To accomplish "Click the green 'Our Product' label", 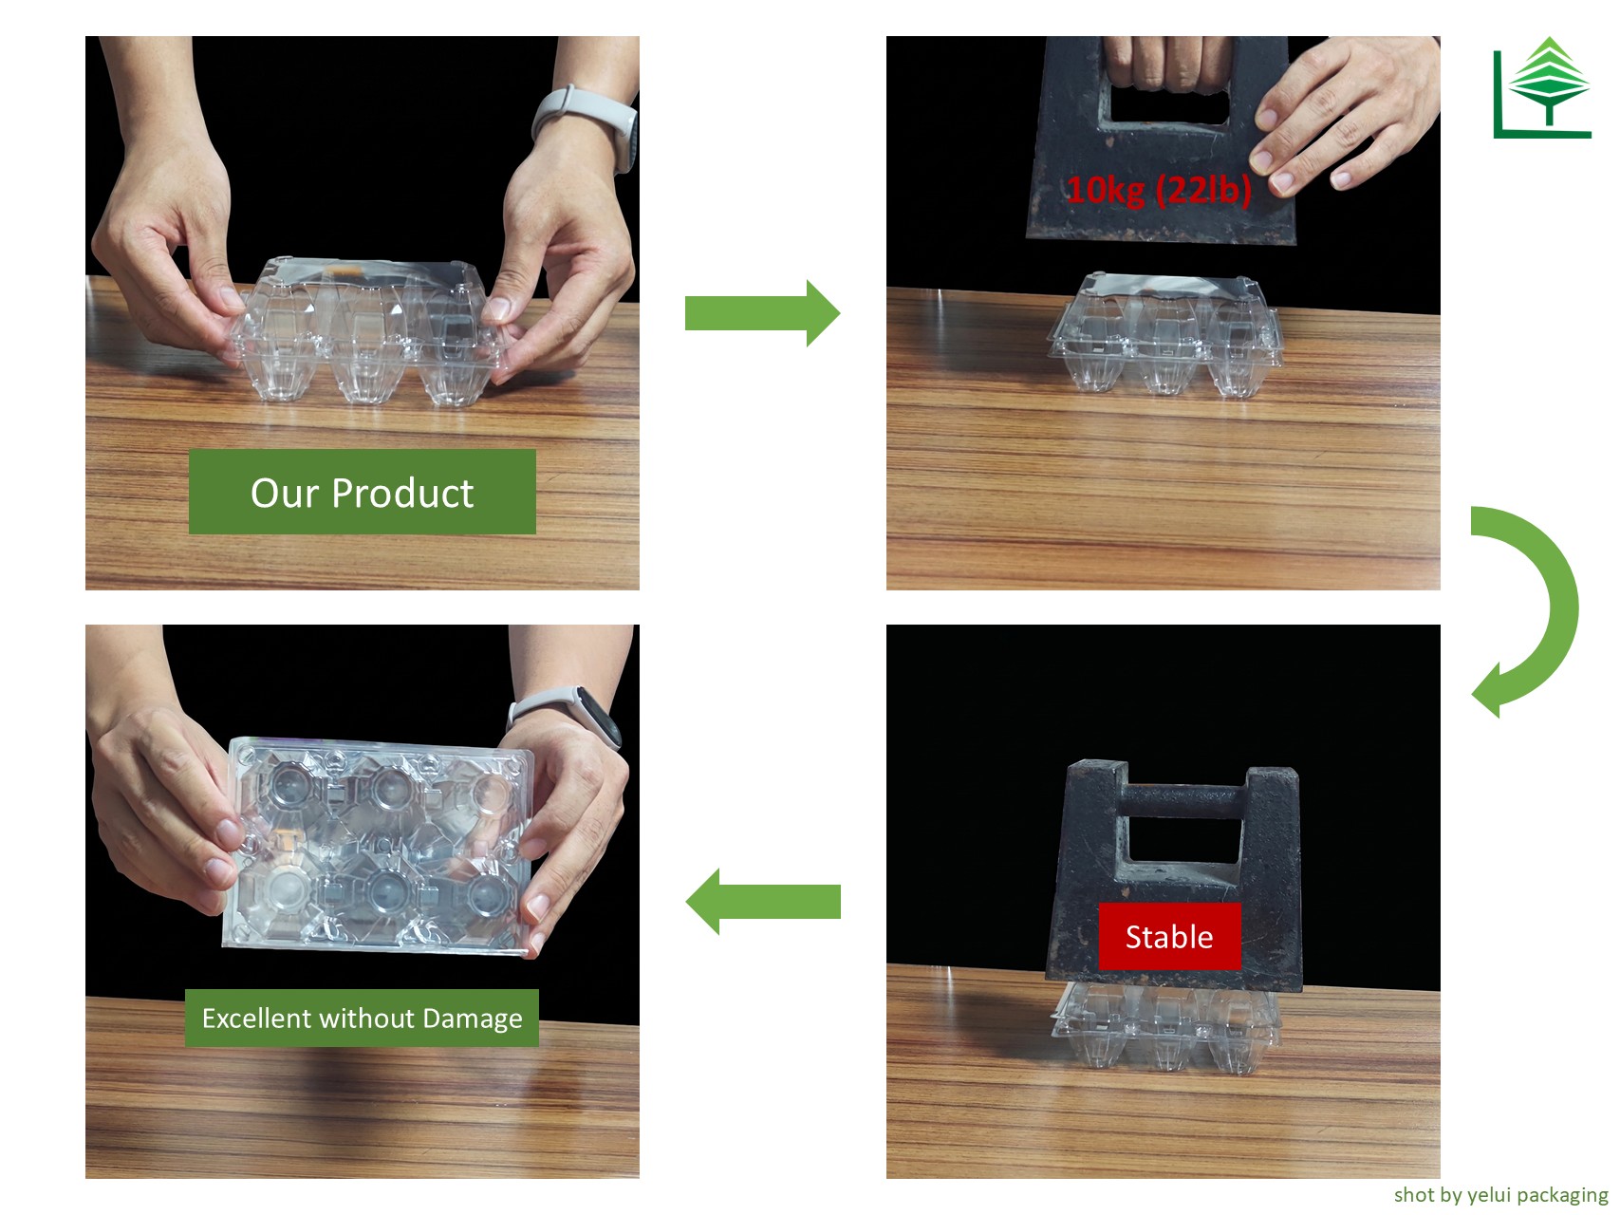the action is click(x=363, y=492).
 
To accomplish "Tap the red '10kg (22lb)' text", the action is click(x=1159, y=190).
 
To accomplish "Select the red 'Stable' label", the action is click(x=1169, y=937).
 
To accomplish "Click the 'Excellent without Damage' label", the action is click(x=362, y=1018).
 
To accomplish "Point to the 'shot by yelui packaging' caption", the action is click(x=1500, y=1194).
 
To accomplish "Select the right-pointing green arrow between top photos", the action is click(x=762, y=313).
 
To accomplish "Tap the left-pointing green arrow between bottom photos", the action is click(x=763, y=902).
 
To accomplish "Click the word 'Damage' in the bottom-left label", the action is click(x=473, y=1019).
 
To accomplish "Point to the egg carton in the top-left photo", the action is click(x=366, y=328).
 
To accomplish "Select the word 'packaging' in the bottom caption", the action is click(x=1563, y=1195).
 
